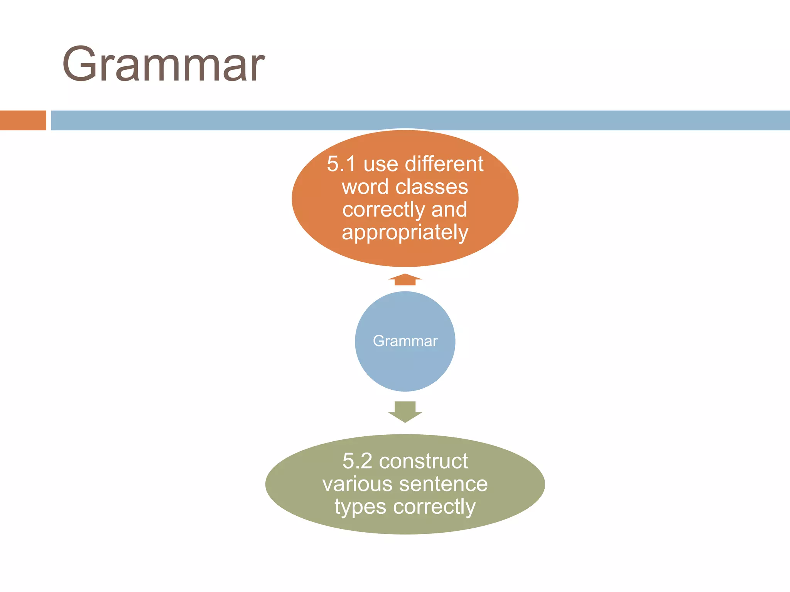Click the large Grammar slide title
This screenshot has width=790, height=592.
click(164, 64)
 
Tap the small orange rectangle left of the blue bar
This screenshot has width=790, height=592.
click(23, 120)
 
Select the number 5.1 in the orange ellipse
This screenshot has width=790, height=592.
click(341, 164)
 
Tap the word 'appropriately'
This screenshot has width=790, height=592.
click(405, 232)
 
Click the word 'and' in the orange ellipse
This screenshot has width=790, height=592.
click(449, 209)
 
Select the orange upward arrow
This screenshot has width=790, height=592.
click(405, 279)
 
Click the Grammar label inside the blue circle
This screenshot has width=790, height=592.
click(405, 341)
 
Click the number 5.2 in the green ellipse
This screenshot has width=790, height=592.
click(357, 461)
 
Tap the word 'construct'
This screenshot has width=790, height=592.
click(423, 461)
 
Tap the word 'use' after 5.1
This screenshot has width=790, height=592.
click(381, 165)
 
